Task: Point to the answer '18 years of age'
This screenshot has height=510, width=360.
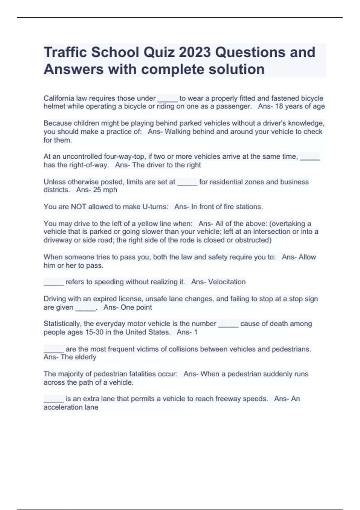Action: [x=300, y=106]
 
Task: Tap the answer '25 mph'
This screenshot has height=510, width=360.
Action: [x=105, y=190]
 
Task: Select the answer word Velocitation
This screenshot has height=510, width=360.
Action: [x=227, y=282]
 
